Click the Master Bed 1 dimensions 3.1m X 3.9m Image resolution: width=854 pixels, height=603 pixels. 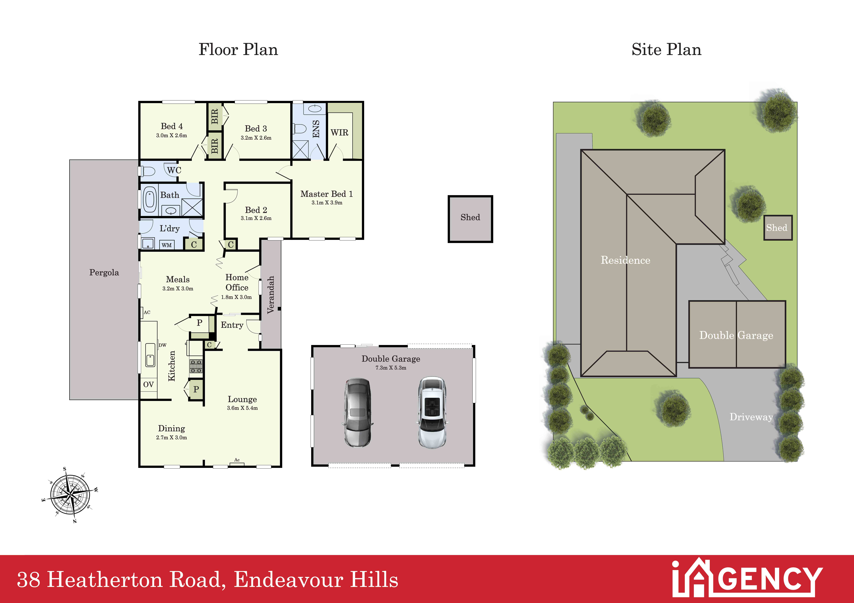click(x=327, y=203)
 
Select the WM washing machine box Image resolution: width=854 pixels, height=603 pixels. click(x=167, y=245)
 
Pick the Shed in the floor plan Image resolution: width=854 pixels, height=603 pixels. click(x=470, y=219)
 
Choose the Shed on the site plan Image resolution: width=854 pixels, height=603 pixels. click(x=778, y=228)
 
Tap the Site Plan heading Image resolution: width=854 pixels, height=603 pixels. click(x=666, y=49)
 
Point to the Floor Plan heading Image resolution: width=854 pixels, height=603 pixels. click(x=238, y=49)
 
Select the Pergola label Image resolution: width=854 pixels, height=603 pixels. click(x=104, y=273)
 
